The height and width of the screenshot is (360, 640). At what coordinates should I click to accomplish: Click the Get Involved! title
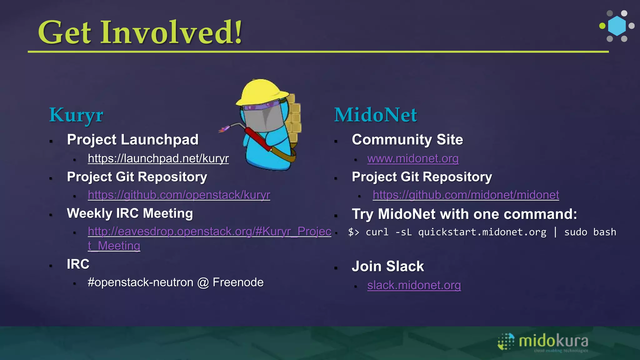pos(140,32)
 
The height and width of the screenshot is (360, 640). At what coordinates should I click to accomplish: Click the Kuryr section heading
pos(76,115)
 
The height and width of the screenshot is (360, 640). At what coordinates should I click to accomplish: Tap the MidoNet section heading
pos(375,115)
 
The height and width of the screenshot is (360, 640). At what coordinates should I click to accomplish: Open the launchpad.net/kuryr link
pos(158,159)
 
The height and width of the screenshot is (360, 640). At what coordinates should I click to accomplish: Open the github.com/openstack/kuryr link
pos(179,195)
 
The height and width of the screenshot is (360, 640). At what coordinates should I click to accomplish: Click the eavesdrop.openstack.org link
pos(209,232)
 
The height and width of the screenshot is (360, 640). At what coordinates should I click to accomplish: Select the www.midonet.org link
pos(413,159)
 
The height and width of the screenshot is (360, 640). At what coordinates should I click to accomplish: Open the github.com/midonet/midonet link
pos(466,195)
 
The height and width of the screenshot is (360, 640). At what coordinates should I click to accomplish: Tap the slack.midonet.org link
pos(414,285)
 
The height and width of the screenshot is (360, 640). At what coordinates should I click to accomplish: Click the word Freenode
pos(238,282)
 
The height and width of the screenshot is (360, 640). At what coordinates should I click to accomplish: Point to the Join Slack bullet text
pos(387,266)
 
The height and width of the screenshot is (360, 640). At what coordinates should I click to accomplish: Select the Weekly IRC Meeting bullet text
pos(130,213)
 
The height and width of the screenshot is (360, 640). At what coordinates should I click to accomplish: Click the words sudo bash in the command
pos(590,232)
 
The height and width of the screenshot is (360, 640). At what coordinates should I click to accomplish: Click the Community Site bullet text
pos(407,140)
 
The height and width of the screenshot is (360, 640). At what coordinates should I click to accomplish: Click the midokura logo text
pos(553,341)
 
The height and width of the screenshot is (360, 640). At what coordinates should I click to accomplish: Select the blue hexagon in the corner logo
pos(617,26)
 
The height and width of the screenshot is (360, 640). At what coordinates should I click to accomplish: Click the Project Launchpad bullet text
pos(132,140)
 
